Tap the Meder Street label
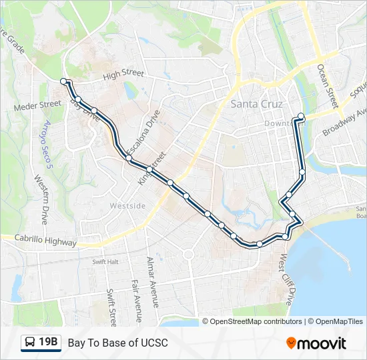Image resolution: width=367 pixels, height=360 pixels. (37, 105)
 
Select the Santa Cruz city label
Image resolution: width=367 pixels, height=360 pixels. (257, 105)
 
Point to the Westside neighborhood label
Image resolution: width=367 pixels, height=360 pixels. (127, 205)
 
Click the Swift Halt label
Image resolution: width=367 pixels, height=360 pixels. (105, 262)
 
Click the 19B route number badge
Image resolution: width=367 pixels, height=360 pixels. (48, 343)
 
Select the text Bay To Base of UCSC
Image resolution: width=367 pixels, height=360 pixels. (117, 343)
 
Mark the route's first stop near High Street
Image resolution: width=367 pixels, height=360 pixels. (64, 81)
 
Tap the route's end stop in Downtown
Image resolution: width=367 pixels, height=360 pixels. (301, 117)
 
